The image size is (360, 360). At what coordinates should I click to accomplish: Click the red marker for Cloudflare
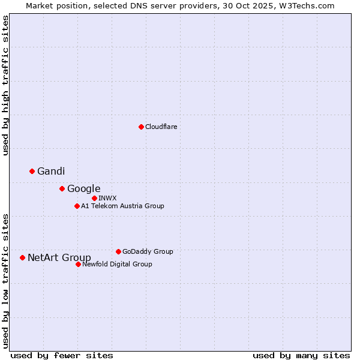tap(141, 127)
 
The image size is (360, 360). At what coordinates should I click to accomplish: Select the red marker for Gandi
tap(32, 171)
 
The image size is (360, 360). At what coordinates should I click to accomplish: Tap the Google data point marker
tap(62, 188)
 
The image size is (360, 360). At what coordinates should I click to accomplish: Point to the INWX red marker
tap(94, 198)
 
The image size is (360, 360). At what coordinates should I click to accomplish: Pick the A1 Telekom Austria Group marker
tap(77, 206)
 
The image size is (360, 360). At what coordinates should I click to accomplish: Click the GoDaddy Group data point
tap(118, 251)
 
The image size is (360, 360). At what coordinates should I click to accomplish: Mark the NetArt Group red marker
tap(23, 257)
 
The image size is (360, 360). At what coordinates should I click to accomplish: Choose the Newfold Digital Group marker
tap(78, 264)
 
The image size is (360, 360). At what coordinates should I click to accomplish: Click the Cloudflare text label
tap(161, 127)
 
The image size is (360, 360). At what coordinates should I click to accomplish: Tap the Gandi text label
tap(51, 171)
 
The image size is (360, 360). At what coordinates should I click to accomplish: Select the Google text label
tap(83, 188)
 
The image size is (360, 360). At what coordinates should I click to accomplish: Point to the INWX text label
tap(107, 198)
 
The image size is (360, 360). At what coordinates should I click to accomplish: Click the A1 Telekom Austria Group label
tap(122, 206)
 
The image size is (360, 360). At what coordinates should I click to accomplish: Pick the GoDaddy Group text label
tap(148, 251)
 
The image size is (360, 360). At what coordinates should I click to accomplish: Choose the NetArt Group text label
tap(59, 257)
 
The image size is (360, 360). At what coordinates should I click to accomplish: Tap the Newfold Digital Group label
tap(117, 264)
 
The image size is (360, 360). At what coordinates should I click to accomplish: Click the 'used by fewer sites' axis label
tap(62, 355)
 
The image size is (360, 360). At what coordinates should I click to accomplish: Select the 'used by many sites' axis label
tap(301, 355)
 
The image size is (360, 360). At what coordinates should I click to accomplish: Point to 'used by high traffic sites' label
tap(5, 85)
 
